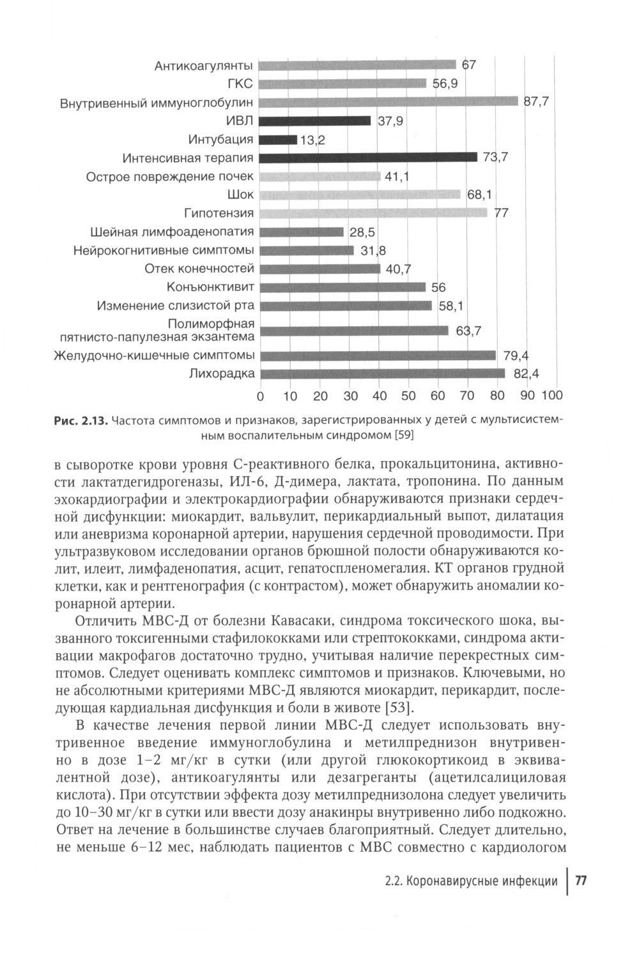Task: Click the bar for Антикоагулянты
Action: [358, 64]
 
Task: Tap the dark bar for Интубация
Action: [279, 139]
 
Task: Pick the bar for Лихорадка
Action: [382, 374]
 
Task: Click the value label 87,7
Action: [537, 102]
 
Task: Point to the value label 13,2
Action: [312, 140]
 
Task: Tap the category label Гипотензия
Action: [219, 213]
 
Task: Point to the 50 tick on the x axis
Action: [408, 396]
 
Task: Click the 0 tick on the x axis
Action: [260, 396]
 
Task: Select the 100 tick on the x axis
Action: [551, 396]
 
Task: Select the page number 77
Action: [581, 881]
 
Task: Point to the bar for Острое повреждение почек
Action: [320, 176]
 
